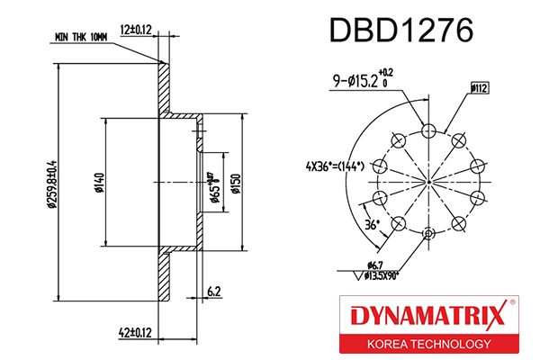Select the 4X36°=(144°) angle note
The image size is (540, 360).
click(333, 166)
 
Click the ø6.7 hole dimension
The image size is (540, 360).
click(375, 263)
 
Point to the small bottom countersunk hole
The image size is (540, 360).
click(428, 235)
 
